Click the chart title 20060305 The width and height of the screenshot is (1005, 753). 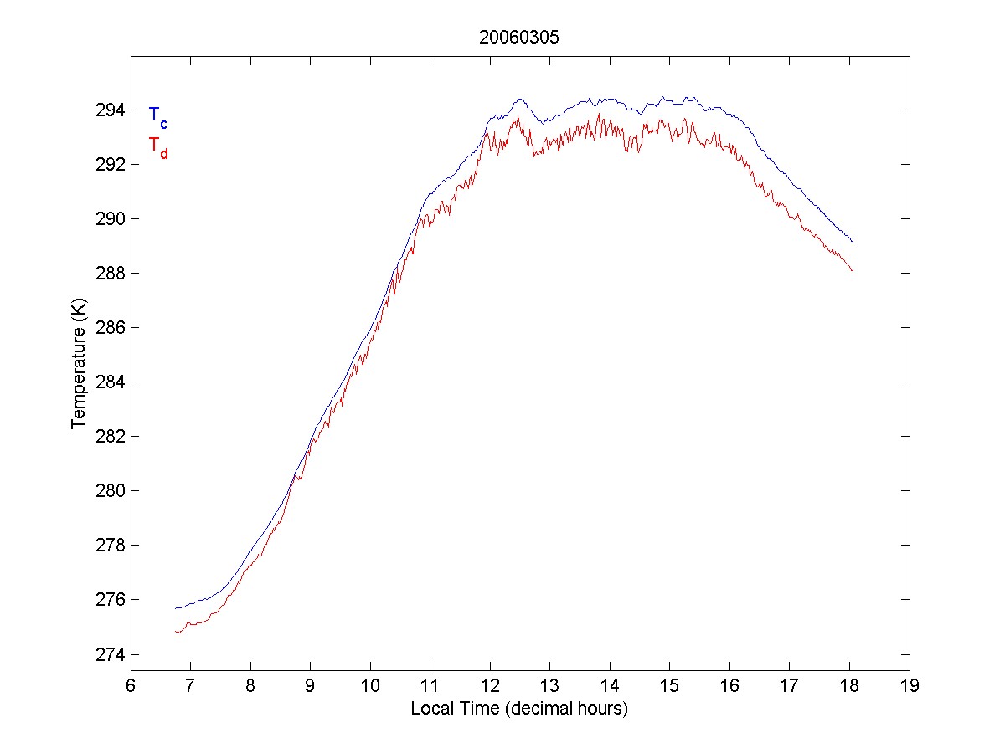pyautogui.click(x=518, y=38)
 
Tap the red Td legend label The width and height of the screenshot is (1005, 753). pyautogui.click(x=157, y=146)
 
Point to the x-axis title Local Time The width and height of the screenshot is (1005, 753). pyautogui.click(x=519, y=709)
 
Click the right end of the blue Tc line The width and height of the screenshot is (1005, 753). pyautogui.click(x=853, y=242)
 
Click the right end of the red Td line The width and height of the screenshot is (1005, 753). pyautogui.click(x=853, y=270)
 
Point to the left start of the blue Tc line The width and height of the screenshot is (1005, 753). pyautogui.click(x=176, y=608)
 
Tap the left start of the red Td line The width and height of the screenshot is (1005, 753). pyautogui.click(x=176, y=632)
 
